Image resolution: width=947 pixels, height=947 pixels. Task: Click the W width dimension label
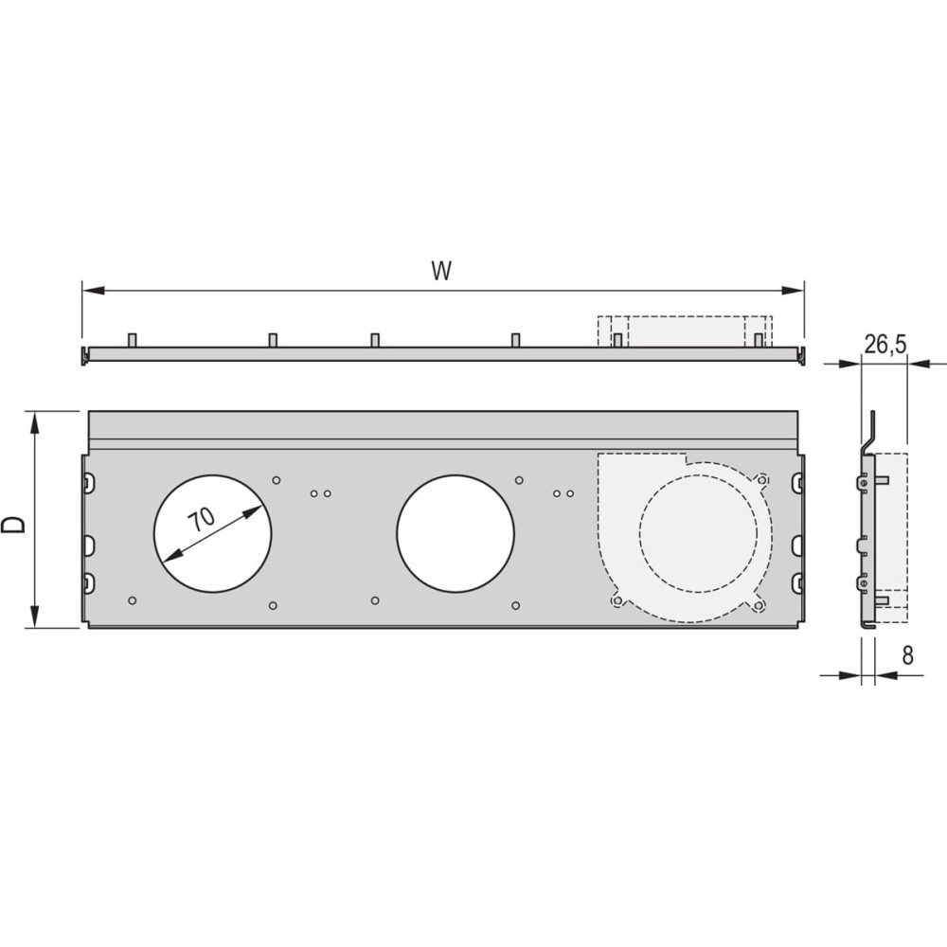tap(441, 271)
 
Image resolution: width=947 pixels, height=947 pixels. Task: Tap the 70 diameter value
tap(201, 519)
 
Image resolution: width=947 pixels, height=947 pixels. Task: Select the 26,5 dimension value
tap(885, 345)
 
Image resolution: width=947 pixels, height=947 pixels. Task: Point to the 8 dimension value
tap(908, 655)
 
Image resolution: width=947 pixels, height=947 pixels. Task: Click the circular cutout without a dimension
tap(456, 533)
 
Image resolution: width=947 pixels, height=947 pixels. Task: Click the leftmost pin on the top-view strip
tap(133, 340)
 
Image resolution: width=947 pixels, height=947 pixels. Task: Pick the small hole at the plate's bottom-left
tap(133, 600)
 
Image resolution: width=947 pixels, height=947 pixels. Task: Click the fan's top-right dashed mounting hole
tap(762, 480)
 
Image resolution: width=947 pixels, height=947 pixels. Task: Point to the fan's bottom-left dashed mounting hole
tap(616, 600)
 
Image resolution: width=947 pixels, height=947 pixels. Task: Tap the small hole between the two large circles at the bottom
tap(375, 600)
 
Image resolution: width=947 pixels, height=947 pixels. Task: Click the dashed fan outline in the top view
tap(685, 331)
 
